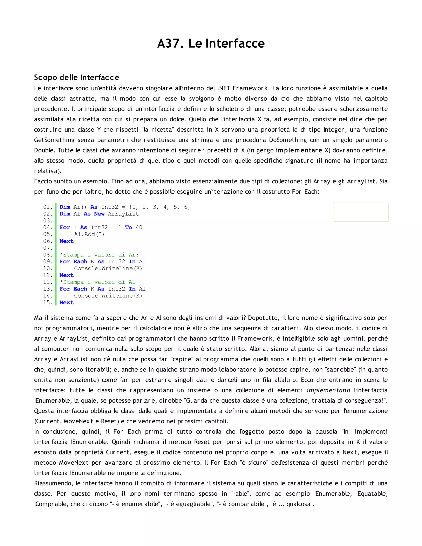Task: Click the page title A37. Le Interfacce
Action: (x=211, y=43)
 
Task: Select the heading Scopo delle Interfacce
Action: (x=76, y=77)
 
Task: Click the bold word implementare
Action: (x=299, y=150)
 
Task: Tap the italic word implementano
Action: (x=328, y=390)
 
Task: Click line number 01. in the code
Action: (x=48, y=207)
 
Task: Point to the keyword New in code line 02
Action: (x=99, y=214)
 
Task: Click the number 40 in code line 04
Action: (x=139, y=227)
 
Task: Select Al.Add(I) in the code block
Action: (x=89, y=234)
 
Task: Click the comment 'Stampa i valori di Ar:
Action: (x=99, y=255)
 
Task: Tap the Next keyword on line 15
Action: (x=67, y=302)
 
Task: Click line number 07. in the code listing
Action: (x=48, y=248)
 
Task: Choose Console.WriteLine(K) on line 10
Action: (x=108, y=268)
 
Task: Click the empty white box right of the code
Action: (x=361, y=212)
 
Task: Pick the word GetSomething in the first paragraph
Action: (x=54, y=140)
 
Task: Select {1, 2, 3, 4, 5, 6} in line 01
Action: (x=159, y=207)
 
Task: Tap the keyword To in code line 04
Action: (x=129, y=227)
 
